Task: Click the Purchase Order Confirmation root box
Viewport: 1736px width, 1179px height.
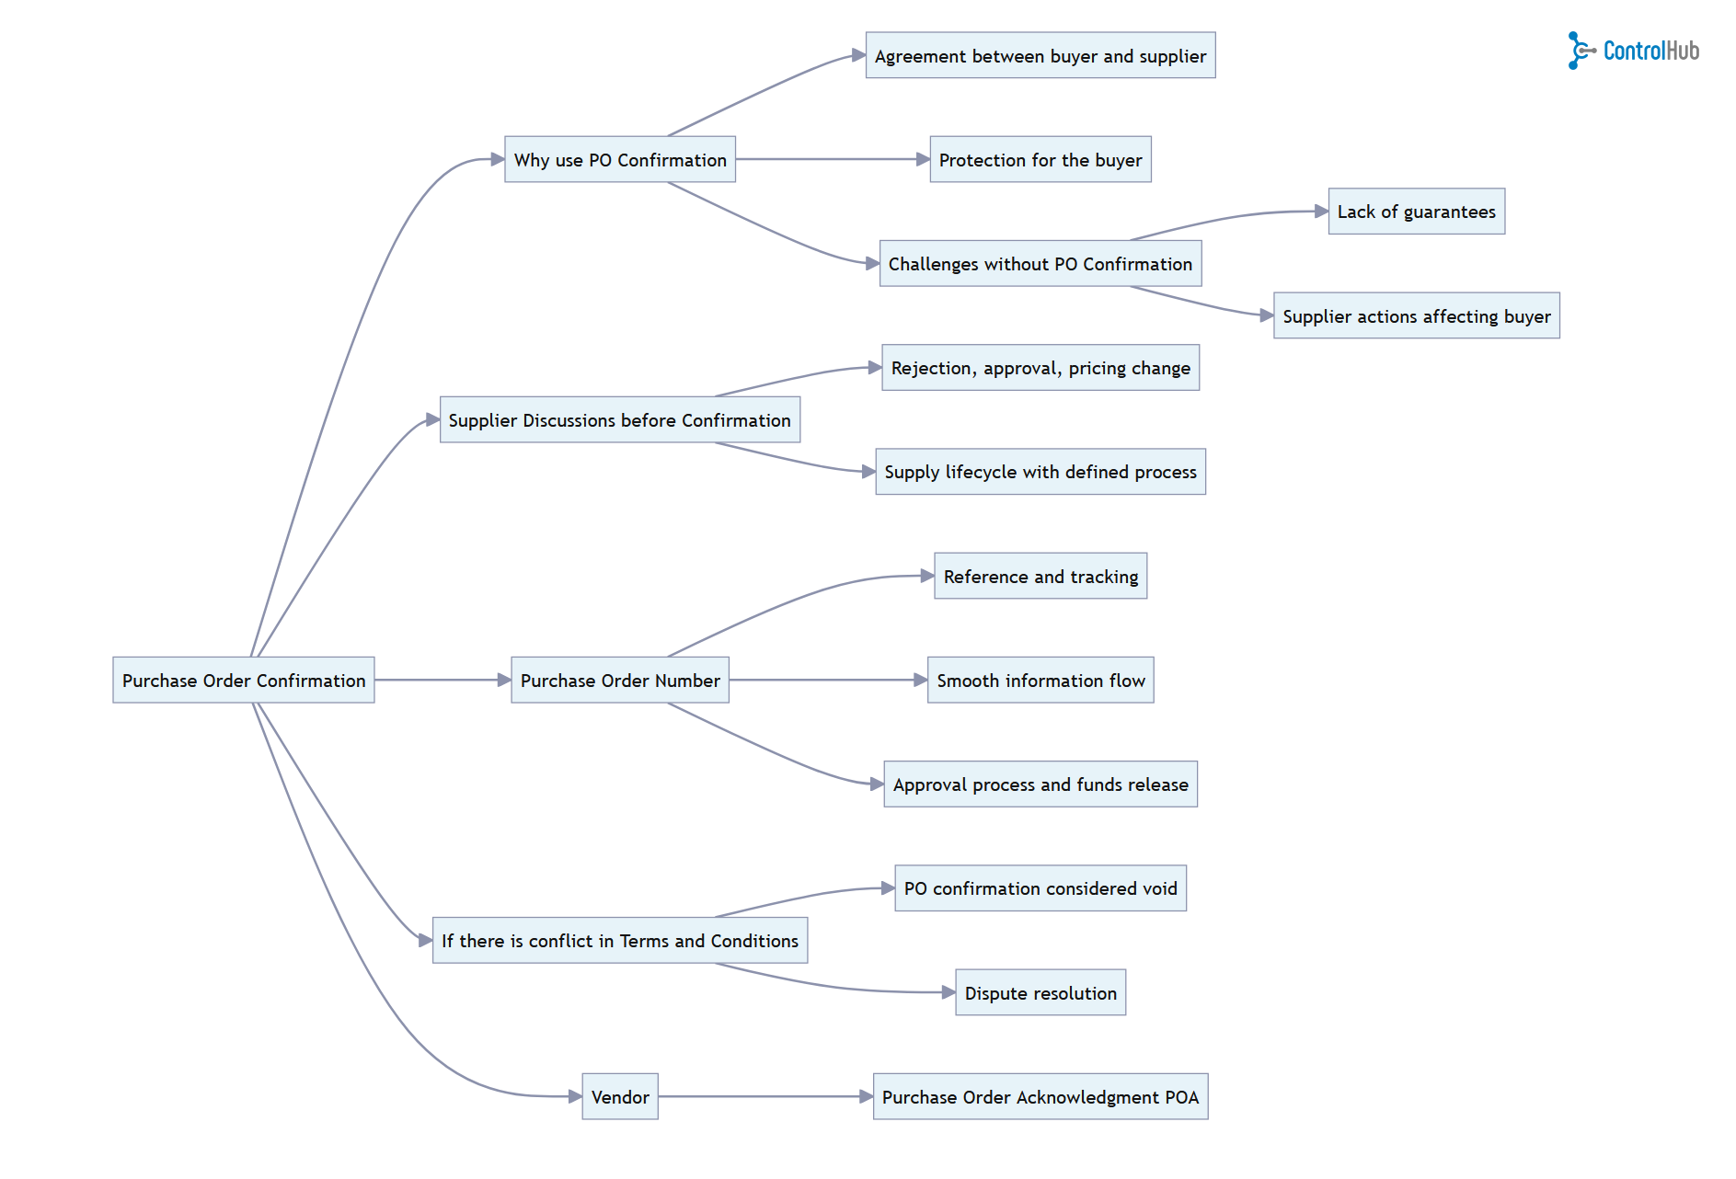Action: pos(244,681)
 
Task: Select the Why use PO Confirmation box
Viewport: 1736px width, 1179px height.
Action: pos(620,160)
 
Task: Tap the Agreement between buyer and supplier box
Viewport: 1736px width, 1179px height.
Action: pos(1040,56)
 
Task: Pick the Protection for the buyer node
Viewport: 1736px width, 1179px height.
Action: pos(1040,160)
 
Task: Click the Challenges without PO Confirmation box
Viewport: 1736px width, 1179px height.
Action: pos(1040,264)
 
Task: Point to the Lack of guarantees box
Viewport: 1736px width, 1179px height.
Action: pos(1416,212)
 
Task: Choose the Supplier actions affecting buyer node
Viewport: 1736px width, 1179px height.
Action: pos(1416,316)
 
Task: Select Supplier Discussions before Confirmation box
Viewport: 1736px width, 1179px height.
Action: pos(619,420)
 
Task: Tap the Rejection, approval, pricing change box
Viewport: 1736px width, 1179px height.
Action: pos(1040,368)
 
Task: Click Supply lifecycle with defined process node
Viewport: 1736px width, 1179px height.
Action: pos(1040,472)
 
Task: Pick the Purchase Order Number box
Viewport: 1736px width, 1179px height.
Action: pos(620,681)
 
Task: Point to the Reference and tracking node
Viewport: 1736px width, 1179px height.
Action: pos(1040,577)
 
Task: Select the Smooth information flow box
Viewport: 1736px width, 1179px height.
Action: pos(1040,681)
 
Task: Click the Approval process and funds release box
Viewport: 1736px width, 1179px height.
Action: pos(1040,784)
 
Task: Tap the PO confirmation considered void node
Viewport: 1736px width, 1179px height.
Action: pos(1040,888)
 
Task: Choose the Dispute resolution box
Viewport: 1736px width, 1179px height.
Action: pos(1040,993)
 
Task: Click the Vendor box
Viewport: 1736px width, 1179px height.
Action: pos(620,1097)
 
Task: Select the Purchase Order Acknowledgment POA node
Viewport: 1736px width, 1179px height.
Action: pos(1040,1097)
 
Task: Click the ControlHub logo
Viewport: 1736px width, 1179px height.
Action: pos(1633,51)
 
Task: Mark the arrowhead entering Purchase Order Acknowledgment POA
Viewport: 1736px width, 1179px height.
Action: pos(866,1097)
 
